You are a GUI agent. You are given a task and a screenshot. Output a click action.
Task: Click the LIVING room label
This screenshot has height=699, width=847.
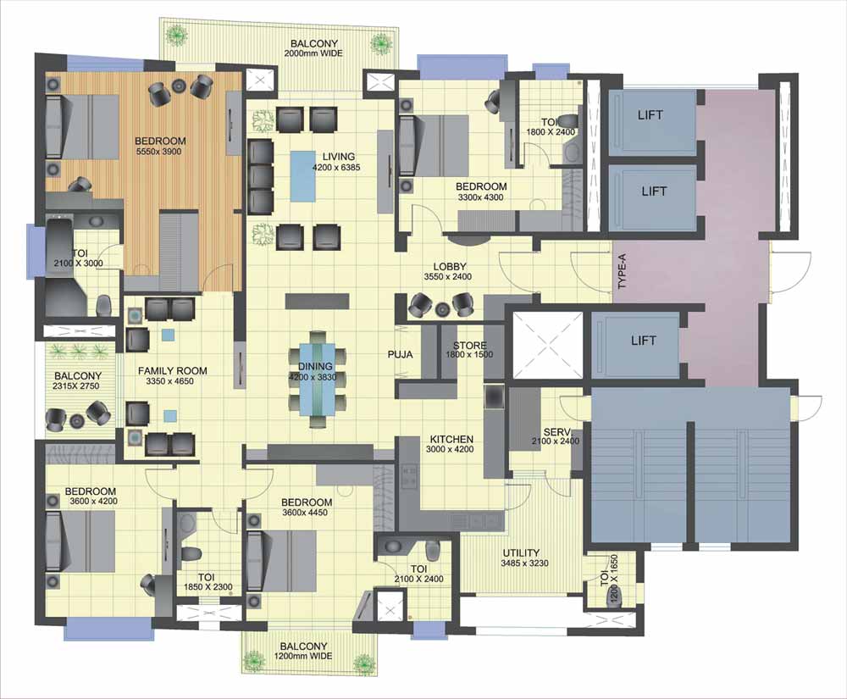click(339, 158)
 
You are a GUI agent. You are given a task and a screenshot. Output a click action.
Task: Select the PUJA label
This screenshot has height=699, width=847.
click(401, 354)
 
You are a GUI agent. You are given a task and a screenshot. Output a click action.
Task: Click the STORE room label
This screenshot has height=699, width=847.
click(469, 345)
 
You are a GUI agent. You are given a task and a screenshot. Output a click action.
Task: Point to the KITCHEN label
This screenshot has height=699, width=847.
click(451, 439)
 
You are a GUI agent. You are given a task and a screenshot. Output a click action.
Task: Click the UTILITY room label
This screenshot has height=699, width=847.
click(521, 553)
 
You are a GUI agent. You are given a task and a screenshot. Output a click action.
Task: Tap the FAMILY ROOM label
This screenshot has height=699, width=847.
click(172, 371)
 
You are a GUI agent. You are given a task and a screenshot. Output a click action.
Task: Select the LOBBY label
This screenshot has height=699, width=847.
click(450, 267)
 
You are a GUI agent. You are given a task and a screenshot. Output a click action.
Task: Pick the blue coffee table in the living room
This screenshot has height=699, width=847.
click(303, 176)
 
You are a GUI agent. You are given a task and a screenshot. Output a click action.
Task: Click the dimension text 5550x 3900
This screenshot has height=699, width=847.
click(158, 152)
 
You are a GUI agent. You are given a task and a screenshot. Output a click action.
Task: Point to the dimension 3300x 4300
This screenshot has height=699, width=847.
click(480, 197)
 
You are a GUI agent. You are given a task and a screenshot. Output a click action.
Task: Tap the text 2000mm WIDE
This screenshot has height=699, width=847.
click(314, 53)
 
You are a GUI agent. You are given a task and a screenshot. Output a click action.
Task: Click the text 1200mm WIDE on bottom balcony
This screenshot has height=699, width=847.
click(303, 656)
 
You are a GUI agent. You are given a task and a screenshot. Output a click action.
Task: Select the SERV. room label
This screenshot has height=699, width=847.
click(554, 432)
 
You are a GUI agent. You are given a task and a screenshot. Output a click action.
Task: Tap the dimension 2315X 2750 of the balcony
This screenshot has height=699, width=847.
click(76, 386)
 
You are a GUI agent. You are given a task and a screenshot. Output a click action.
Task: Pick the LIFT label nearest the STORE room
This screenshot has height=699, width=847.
click(644, 341)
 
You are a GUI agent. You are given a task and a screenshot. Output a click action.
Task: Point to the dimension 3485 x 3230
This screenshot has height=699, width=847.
click(524, 563)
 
